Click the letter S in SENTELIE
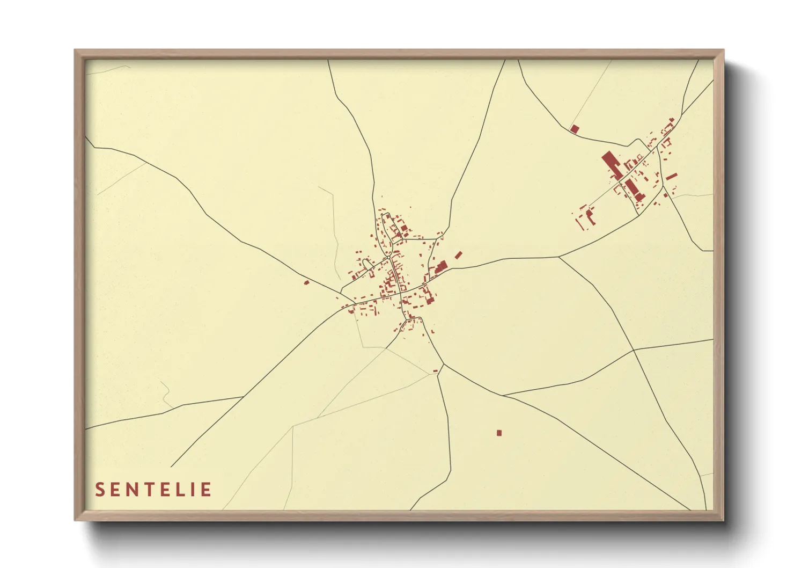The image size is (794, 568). click(100, 490)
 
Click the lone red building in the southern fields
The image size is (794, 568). click(499, 433)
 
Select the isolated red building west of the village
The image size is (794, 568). click(306, 282)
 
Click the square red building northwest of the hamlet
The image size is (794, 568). click(575, 129)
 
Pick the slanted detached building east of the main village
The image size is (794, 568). click(458, 255)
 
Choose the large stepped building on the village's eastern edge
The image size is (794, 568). click(441, 267)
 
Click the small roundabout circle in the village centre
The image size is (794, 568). click(388, 258)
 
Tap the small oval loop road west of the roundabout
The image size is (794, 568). click(367, 264)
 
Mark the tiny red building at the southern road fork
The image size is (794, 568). click(435, 370)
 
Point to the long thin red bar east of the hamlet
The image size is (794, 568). click(671, 176)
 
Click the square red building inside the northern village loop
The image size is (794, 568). click(403, 228)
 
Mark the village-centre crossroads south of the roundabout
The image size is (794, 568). click(401, 293)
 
